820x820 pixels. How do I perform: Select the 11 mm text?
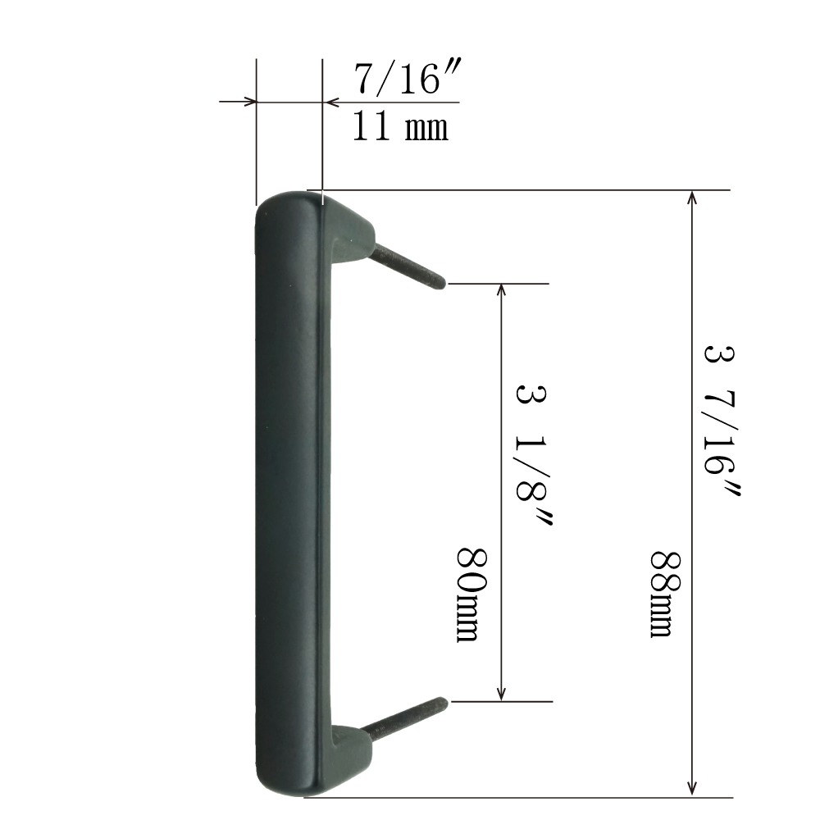point(400,126)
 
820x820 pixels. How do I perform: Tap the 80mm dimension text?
point(472,594)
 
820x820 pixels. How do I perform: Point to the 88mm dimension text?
point(665,594)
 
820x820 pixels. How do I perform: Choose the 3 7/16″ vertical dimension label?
point(722,421)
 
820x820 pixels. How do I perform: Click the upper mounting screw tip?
point(443,284)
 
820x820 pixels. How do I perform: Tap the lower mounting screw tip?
point(444,702)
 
